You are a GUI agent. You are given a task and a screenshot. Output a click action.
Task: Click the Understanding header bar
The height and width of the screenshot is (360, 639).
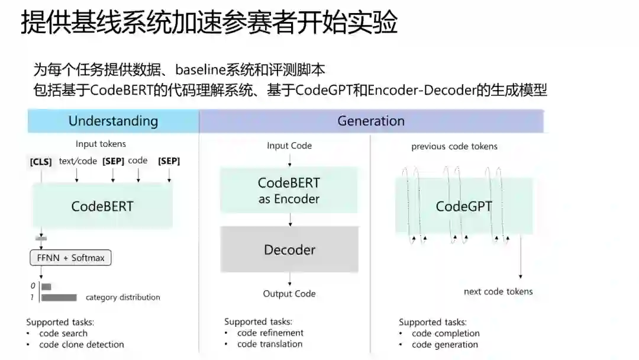click(113, 121)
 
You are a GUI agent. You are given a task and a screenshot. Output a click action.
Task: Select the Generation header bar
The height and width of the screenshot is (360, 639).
click(371, 121)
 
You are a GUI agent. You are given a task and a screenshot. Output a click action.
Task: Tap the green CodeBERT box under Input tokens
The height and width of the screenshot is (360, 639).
click(102, 206)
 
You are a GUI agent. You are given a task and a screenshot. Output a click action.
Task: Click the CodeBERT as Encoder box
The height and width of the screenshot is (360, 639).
click(289, 190)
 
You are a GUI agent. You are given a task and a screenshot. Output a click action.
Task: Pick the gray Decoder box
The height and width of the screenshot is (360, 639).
click(289, 249)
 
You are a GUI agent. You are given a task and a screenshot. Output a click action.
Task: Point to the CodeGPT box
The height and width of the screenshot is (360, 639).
click(464, 206)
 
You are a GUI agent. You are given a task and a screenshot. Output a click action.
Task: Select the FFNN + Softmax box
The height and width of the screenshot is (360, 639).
click(70, 258)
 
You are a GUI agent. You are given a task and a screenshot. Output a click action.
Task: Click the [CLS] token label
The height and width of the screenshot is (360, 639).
click(40, 161)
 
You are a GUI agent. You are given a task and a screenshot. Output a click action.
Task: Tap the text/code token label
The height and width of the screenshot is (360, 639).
click(78, 161)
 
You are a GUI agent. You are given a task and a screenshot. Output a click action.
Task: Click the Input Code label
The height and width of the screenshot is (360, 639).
click(289, 146)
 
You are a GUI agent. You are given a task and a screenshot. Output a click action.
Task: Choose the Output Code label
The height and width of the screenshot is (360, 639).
click(289, 294)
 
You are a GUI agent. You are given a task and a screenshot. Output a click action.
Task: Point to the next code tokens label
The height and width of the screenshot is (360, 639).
click(498, 291)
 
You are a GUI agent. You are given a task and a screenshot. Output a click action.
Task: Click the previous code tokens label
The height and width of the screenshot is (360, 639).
click(454, 146)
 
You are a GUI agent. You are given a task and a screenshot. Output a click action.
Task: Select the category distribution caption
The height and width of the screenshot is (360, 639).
click(123, 297)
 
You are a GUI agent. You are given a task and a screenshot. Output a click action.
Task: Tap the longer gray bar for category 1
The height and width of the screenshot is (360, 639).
click(59, 297)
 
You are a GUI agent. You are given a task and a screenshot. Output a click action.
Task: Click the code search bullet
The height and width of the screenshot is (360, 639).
click(63, 333)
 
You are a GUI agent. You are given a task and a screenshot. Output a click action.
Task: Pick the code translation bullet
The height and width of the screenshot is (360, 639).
click(270, 344)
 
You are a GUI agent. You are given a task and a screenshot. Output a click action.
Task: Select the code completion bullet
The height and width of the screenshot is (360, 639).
click(446, 333)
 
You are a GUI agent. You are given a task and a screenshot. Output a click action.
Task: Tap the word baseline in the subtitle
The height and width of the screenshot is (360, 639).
click(203, 70)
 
